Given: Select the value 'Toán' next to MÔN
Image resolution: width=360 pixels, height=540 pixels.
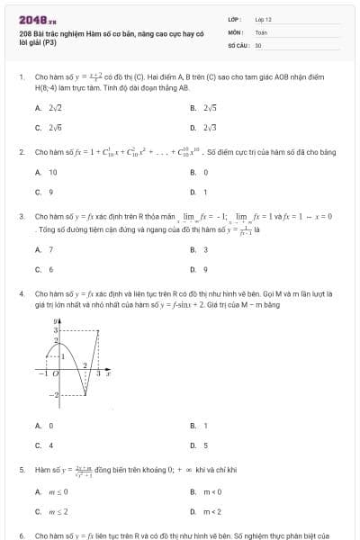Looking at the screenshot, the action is [x=261, y=31].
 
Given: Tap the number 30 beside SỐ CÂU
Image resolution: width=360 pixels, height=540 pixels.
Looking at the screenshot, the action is [x=258, y=44].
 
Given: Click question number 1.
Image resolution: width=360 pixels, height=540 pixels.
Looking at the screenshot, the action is [x=21, y=77].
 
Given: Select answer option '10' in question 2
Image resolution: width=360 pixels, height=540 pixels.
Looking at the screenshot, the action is [x=53, y=171].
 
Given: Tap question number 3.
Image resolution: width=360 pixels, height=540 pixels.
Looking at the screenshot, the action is [x=21, y=217].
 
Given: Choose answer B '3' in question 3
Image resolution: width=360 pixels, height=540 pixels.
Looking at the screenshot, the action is [x=206, y=249].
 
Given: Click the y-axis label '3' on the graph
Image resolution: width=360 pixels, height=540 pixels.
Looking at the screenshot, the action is [x=55, y=331].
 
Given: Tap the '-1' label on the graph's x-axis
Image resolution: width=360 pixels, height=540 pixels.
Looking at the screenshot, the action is [x=41, y=371].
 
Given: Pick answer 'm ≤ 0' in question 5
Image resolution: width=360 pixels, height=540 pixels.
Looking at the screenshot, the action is [x=57, y=491].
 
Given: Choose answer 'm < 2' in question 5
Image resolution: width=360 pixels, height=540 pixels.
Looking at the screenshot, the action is [x=211, y=511].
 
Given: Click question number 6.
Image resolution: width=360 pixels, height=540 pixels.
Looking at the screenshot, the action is [x=21, y=535].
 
